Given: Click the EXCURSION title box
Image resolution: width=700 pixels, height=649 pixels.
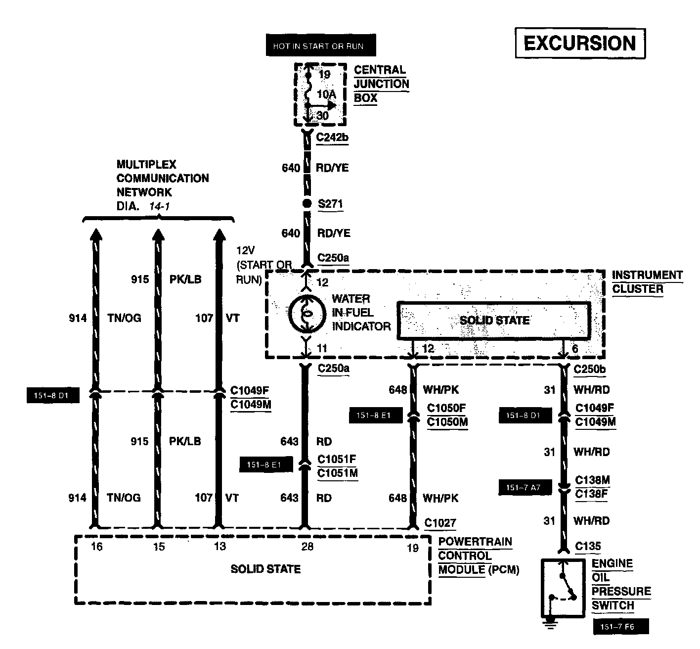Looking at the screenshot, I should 580,44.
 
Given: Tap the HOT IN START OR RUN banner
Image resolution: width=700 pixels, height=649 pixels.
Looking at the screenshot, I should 318,46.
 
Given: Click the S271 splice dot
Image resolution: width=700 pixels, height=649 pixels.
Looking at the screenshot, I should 306,204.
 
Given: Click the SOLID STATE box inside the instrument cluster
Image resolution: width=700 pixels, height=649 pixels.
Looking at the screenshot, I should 494,320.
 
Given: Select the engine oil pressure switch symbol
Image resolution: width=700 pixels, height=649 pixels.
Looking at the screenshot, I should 563,587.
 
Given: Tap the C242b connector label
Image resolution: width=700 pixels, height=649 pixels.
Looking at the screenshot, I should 332,138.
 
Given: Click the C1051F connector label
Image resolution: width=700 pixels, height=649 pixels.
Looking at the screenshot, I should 337,459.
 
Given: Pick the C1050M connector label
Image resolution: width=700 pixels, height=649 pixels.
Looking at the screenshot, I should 447,422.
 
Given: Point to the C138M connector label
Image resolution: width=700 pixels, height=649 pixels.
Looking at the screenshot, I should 592,480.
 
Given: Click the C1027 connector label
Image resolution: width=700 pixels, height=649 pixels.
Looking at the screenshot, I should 440,523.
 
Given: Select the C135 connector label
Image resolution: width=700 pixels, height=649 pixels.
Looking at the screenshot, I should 588,547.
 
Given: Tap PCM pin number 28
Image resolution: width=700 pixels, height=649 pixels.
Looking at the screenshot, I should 307,547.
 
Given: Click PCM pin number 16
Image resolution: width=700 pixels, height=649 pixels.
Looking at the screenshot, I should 97,547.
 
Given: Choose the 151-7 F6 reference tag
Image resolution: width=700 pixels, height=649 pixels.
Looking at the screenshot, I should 620,627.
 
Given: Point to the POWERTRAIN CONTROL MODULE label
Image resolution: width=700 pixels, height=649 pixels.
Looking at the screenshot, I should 475,556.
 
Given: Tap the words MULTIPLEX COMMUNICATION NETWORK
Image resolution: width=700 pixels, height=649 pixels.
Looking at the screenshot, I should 163,178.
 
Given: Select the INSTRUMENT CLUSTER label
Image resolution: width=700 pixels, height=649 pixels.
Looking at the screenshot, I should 647,282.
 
